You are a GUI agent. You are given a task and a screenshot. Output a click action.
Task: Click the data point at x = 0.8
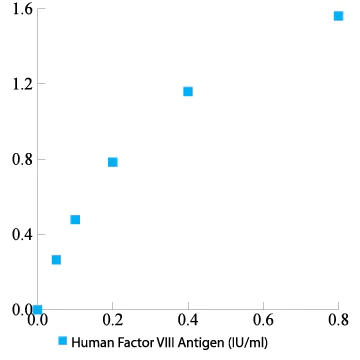pos(338,16)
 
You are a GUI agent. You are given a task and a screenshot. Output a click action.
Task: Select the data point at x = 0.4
pos(188,92)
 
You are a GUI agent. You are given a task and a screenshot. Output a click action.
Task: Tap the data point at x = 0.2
pos(113,162)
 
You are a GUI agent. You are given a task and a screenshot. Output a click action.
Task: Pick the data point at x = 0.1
pos(75,219)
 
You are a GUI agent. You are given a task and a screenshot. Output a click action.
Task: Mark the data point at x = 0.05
pos(56,260)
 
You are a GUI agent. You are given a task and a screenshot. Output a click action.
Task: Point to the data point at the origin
pos(38,309)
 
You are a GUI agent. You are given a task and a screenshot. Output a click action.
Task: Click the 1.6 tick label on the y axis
pos(22,9)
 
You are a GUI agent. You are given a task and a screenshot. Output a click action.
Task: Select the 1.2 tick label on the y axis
pos(22,84)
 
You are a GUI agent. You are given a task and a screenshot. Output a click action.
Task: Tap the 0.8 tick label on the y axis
pos(22,159)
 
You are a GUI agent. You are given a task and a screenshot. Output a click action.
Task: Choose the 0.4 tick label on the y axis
pos(22,234)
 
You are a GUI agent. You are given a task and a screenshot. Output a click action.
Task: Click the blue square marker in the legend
pos(63,341)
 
